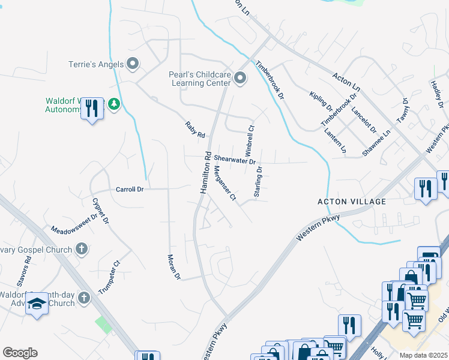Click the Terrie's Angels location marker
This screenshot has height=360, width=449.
[x=133, y=64]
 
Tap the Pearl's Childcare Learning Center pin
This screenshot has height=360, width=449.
[x=240, y=79]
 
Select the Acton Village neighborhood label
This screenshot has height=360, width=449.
[x=351, y=202]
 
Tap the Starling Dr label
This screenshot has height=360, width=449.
[x=258, y=182]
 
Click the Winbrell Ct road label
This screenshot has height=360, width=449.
[x=251, y=137]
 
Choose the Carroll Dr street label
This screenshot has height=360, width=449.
[x=130, y=189]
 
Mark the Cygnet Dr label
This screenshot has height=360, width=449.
[x=100, y=210]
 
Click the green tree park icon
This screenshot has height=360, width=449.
[x=113, y=105]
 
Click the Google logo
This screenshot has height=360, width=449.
[x=20, y=353]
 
